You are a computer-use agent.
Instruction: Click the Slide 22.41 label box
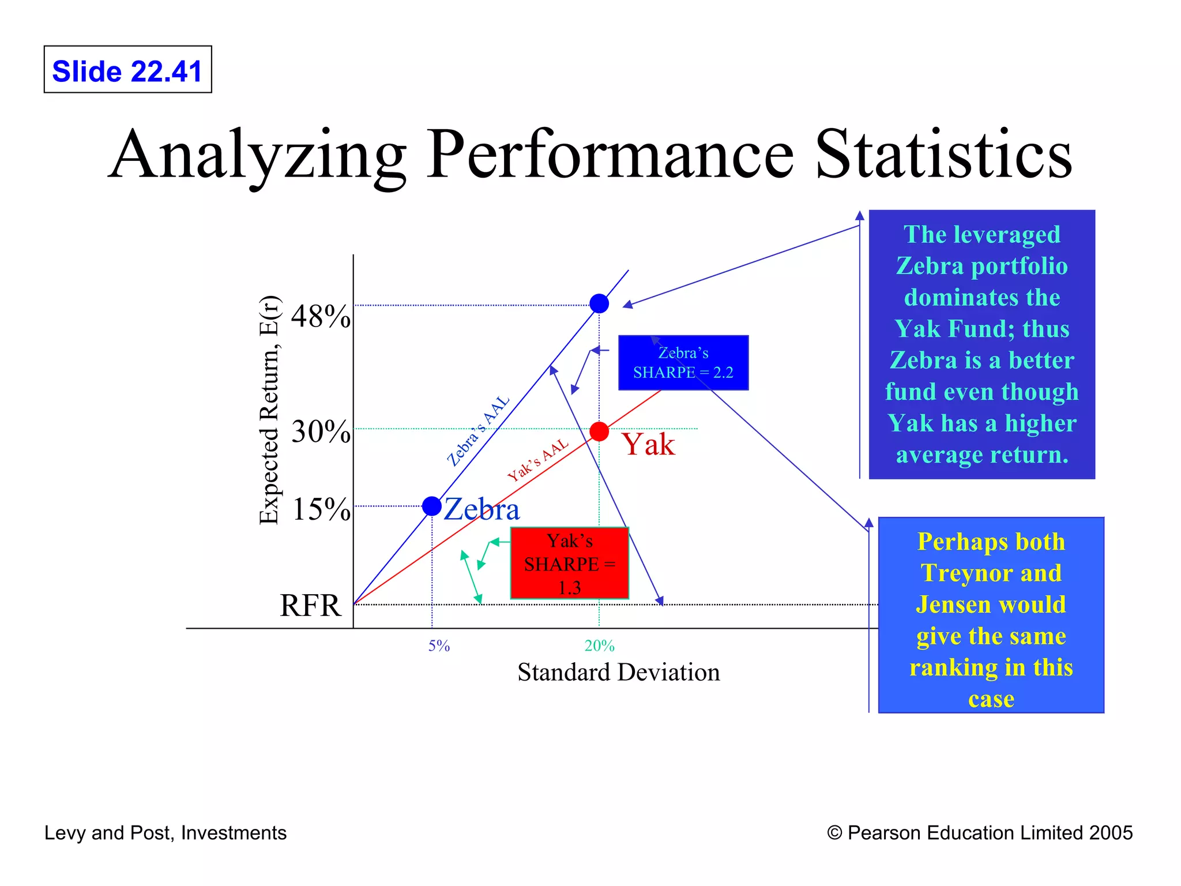pyautogui.click(x=127, y=70)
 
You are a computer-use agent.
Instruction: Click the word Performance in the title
pyautogui.click(x=610, y=155)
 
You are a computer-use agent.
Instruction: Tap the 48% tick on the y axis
pyautogui.click(x=320, y=316)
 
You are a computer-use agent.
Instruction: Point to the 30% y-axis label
pyautogui.click(x=320, y=431)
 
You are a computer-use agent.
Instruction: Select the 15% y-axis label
pyautogui.click(x=321, y=509)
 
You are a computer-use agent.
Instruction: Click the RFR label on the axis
pyautogui.click(x=310, y=606)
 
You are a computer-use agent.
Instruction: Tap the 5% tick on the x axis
pyautogui.click(x=439, y=646)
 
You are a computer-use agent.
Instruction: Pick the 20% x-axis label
pyautogui.click(x=599, y=646)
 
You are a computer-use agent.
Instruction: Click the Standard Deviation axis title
pyautogui.click(x=618, y=673)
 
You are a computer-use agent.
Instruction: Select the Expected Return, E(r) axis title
pyautogui.click(x=269, y=410)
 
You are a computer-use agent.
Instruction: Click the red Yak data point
pyautogui.click(x=599, y=431)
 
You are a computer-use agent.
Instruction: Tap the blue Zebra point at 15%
pyautogui.click(x=432, y=506)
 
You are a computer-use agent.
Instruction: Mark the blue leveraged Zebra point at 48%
pyautogui.click(x=599, y=303)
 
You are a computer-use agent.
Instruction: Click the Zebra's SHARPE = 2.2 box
pyautogui.click(x=683, y=363)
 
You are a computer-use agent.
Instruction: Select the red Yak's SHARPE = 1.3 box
pyautogui.click(x=569, y=563)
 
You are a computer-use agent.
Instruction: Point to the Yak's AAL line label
pyautogui.click(x=537, y=460)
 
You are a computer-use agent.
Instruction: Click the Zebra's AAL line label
pyautogui.click(x=478, y=430)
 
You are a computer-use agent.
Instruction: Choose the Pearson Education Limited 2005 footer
pyautogui.click(x=980, y=833)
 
